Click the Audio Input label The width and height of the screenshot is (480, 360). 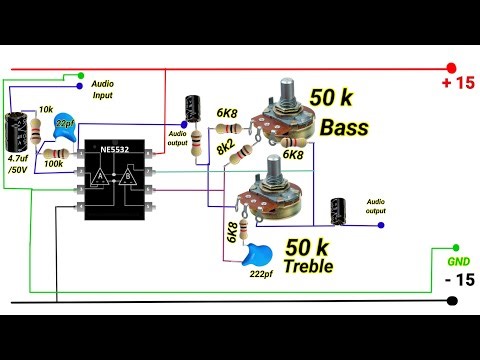[x=106, y=89]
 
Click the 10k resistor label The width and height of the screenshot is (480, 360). [x=46, y=109]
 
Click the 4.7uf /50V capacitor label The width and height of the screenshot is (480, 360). [x=19, y=164]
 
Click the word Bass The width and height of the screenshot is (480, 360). [x=344, y=129]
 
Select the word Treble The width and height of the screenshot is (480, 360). [x=307, y=267]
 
